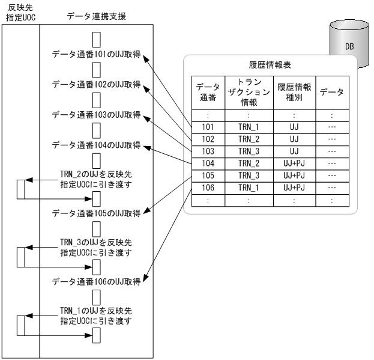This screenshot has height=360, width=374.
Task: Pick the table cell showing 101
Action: click(207, 127)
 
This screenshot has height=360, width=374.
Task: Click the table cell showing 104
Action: click(207, 163)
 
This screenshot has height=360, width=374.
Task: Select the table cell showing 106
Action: click(207, 187)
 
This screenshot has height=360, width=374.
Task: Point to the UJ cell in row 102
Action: click(294, 139)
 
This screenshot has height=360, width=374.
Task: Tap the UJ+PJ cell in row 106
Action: click(294, 187)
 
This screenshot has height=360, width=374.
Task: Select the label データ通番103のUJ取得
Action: click(96, 115)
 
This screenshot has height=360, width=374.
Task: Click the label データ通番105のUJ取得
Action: click(96, 213)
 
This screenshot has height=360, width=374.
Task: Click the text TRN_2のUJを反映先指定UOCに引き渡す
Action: click(96, 179)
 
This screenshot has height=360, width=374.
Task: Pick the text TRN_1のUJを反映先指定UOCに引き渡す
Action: click(96, 315)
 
